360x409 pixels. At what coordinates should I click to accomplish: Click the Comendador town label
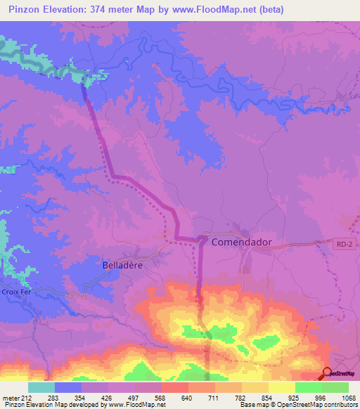tap(241, 241)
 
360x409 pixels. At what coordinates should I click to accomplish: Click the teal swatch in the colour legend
tap(41, 387)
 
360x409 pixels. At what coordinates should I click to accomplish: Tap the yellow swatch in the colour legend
tap(282, 387)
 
